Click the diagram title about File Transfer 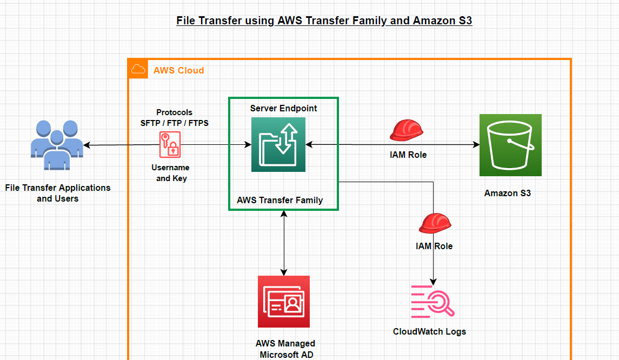coord(324,21)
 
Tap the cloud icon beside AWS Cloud coord(138,69)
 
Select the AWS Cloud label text coord(178,70)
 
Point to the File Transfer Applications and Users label coord(58,193)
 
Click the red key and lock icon coord(169,145)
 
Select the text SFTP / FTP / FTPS coord(174,123)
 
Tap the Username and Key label coord(170,173)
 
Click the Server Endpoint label coord(283,108)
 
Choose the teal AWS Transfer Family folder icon coord(278,145)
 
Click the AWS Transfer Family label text coord(279,200)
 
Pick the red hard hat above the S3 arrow coord(406,130)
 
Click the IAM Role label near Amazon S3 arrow coord(408,155)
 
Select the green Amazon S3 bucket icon coord(510,145)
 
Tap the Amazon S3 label coord(507,193)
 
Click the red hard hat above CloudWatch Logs coord(435,223)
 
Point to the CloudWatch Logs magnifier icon coord(432,301)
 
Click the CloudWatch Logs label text coord(429,331)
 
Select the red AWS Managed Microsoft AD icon coord(284,301)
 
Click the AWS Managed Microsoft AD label coord(285,349)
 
